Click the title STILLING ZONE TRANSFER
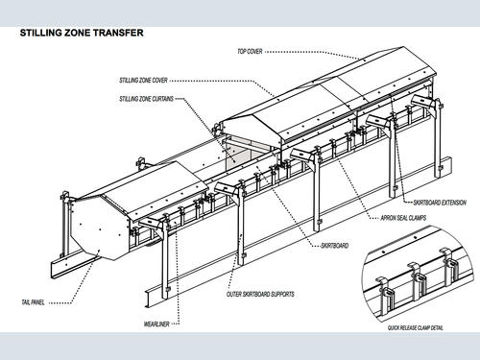tap(82, 33)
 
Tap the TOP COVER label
tap(250, 51)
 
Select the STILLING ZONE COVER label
tap(143, 81)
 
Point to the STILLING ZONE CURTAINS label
tap(146, 99)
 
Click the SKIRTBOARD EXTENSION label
tap(440, 203)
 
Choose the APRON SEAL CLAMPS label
tap(403, 218)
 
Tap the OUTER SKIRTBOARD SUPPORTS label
tap(260, 294)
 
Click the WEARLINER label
tap(156, 324)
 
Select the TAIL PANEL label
tap(33, 302)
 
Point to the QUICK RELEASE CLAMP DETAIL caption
tap(416, 328)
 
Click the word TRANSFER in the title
tap(123, 33)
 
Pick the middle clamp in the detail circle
tap(416, 279)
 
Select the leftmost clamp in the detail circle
tap(388, 295)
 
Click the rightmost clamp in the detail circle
tap(450, 264)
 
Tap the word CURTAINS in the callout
tap(162, 99)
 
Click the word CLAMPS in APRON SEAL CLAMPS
tap(417, 218)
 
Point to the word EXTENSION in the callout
tap(454, 203)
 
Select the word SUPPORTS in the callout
tap(281, 294)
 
